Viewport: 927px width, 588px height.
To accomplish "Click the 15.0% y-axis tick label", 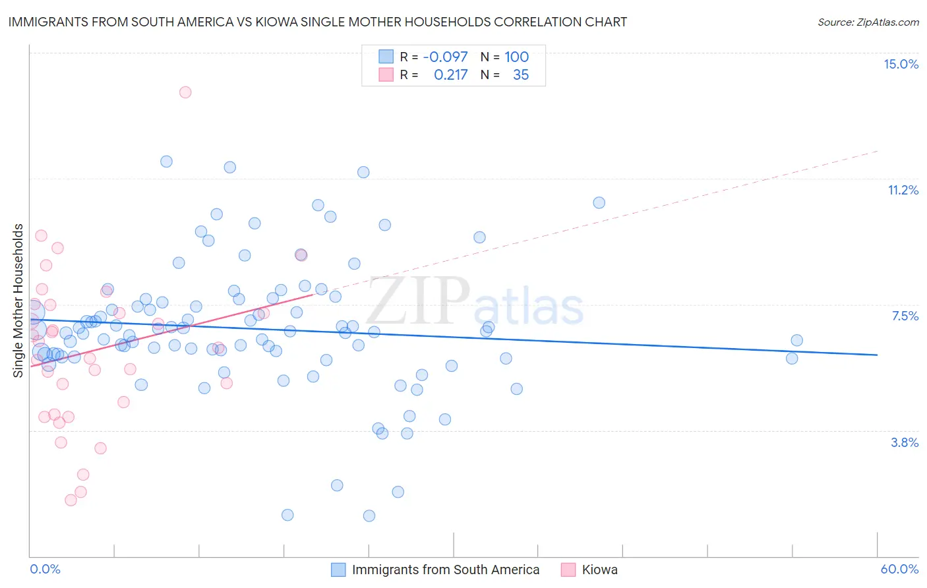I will tap(901, 64).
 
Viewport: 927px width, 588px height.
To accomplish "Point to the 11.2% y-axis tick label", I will tap(903, 190).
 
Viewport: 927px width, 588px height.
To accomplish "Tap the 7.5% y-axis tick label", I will tap(905, 316).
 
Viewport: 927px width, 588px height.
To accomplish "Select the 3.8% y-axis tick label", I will tap(905, 442).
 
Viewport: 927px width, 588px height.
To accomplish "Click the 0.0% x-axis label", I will tap(45, 569).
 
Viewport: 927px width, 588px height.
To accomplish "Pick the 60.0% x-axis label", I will tap(899, 569).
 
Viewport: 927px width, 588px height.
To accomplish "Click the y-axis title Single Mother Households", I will tap(18, 301).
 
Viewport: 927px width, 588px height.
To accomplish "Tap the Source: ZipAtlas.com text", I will tap(868, 22).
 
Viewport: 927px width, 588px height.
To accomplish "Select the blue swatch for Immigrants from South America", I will tap(338, 570).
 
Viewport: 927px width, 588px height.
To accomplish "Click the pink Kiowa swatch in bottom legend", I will tap(568, 570).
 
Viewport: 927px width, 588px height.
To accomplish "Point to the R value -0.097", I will tap(445, 57).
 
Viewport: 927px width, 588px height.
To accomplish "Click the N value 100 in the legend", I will tap(516, 57).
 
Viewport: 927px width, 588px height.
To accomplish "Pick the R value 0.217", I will tap(450, 74).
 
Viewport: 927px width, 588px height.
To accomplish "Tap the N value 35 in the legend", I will tap(520, 74).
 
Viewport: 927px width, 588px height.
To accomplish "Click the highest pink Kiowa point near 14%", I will tap(185, 92).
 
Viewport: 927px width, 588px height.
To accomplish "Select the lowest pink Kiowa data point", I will tap(71, 500).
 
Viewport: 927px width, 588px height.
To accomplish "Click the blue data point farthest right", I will tap(796, 340).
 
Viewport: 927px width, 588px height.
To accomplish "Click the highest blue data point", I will tap(166, 162).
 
